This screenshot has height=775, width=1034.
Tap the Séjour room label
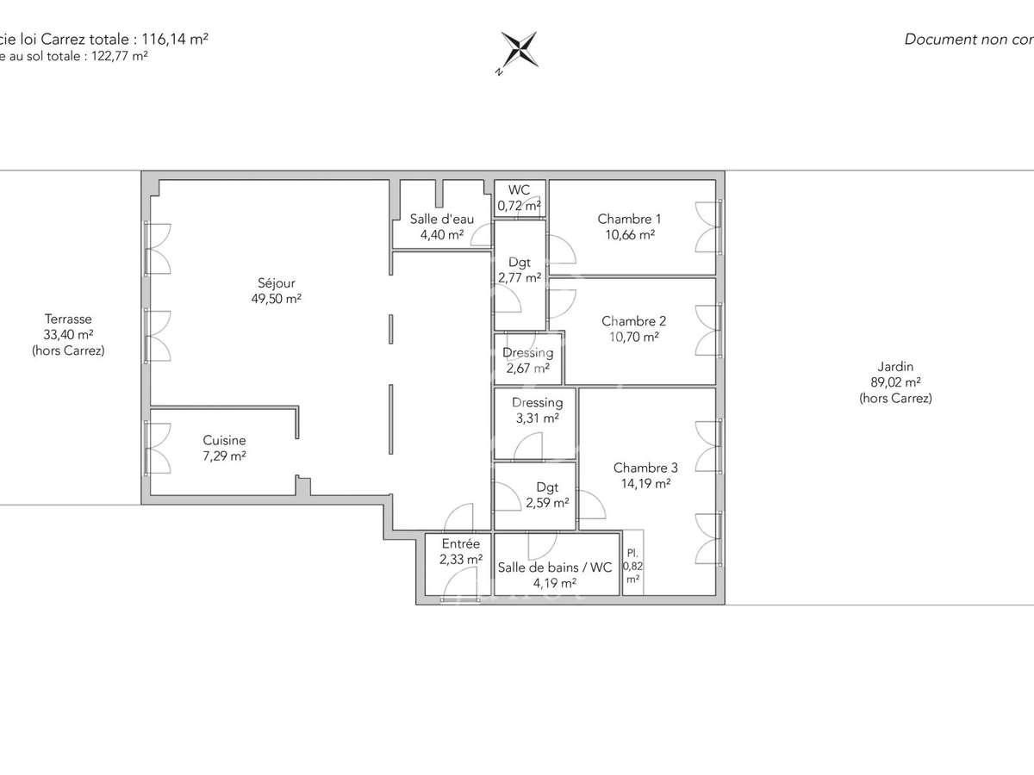tap(276, 282)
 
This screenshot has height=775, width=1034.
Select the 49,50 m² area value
tap(276, 299)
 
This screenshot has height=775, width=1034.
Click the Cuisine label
tap(224, 439)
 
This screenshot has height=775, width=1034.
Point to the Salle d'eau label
tap(441, 219)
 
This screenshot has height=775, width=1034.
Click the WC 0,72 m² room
tap(519, 198)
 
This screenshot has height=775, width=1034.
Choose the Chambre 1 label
tap(629, 219)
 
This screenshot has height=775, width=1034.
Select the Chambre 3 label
tap(645, 468)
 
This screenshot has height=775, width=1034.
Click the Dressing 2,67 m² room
tap(527, 360)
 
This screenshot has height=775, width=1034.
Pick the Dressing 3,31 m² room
tap(537, 410)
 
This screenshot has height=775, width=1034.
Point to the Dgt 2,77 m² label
tap(520, 270)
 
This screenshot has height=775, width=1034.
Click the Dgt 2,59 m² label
tap(547, 494)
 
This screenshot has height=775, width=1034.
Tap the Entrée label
tap(461, 544)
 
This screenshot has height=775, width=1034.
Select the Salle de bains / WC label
tap(555, 567)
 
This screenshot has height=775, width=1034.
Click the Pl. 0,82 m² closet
tap(632, 565)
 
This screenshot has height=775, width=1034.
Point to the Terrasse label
tap(68, 319)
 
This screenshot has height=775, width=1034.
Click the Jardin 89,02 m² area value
tap(895, 382)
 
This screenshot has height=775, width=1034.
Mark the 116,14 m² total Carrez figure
tap(175, 39)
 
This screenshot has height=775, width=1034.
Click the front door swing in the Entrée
tap(457, 586)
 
